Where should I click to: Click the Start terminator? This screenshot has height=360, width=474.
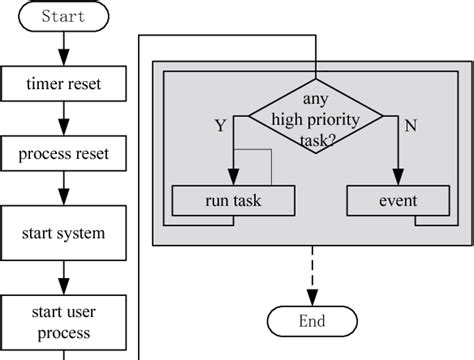64,16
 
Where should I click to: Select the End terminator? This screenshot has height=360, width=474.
312,321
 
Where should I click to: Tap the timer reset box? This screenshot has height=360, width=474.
64,84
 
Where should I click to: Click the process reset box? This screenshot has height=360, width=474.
64,154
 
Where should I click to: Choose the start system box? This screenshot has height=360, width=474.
64,233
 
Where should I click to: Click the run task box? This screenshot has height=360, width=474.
234,201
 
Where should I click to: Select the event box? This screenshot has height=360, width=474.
397,201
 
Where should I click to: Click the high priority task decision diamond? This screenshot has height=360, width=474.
315,120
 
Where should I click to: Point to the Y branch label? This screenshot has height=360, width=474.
219,126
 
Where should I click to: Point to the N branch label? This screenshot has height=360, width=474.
410,126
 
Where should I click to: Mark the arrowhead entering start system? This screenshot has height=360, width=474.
64,197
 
